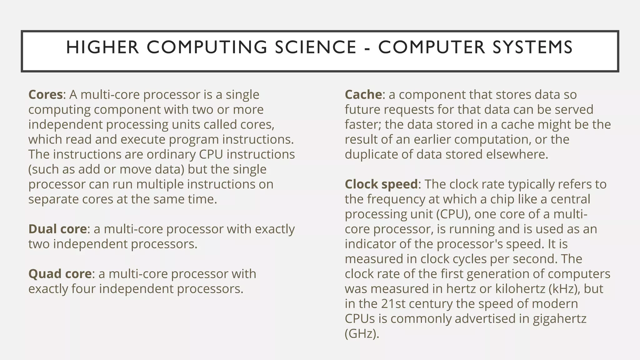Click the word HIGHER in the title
click(x=102, y=47)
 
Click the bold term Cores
click(x=46, y=95)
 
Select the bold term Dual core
click(x=57, y=229)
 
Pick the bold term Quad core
click(x=60, y=274)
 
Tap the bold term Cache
click(x=363, y=95)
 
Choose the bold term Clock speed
click(x=381, y=184)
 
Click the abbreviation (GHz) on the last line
click(x=362, y=334)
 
